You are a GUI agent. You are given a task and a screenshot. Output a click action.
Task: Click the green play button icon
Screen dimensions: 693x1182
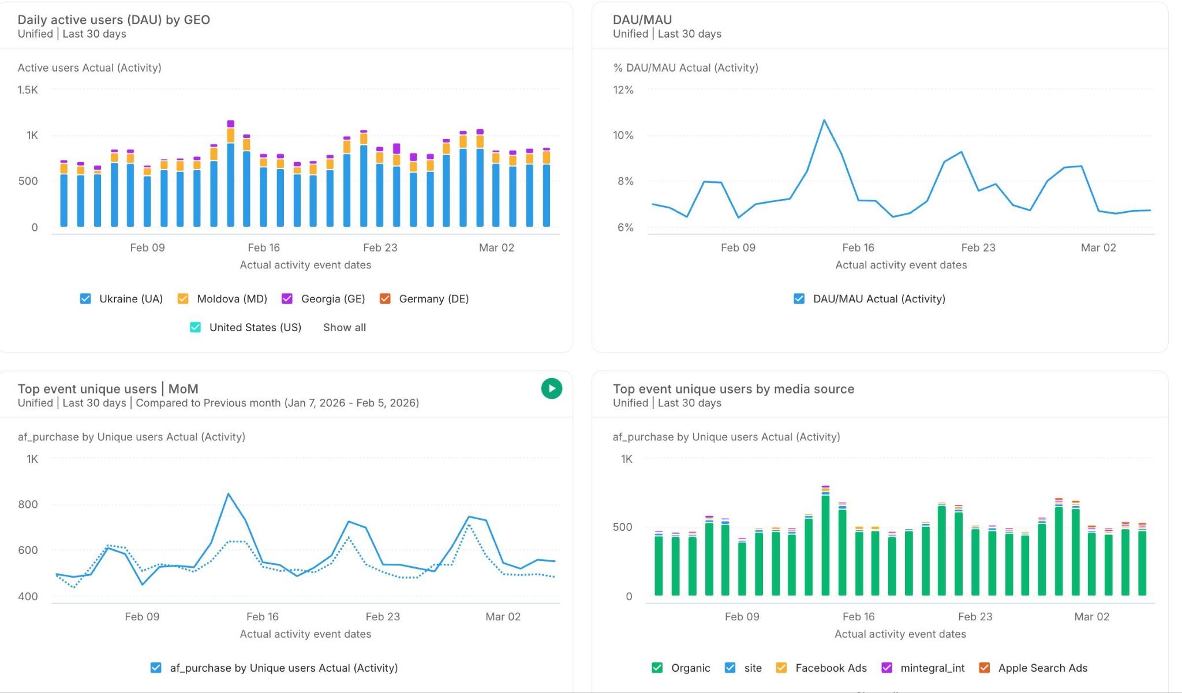tap(551, 388)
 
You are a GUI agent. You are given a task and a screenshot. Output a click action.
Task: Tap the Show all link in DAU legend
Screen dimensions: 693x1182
tap(344, 327)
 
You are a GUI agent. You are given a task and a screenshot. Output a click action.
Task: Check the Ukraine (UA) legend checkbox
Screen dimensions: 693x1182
tap(85, 298)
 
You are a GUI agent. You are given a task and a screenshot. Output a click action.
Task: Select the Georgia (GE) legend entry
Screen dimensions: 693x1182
tap(332, 298)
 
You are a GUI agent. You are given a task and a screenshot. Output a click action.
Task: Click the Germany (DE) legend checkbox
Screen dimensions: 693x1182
tap(385, 298)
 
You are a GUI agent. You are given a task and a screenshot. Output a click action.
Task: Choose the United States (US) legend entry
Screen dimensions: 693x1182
tap(255, 327)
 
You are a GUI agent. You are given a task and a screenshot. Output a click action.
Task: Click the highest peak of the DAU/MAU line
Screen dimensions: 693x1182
tap(824, 120)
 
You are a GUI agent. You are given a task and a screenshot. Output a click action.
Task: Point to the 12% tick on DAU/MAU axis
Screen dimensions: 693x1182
tap(623, 90)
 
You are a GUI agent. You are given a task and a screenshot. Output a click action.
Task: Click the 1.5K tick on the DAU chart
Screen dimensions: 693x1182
tap(27, 90)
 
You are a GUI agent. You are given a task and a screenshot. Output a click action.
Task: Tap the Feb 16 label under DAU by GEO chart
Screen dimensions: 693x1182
tap(264, 248)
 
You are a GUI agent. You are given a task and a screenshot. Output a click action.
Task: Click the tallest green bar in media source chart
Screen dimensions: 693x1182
tap(825, 542)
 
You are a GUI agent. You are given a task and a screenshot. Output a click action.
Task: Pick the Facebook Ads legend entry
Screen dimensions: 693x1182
tap(831, 668)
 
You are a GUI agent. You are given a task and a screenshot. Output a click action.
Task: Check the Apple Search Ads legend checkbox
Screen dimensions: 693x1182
tap(985, 668)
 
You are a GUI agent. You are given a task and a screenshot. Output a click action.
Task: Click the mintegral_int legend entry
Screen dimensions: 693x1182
tap(932, 668)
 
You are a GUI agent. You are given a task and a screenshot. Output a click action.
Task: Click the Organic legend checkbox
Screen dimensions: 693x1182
tap(657, 668)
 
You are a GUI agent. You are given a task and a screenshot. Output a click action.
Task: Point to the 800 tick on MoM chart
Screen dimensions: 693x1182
tap(28, 504)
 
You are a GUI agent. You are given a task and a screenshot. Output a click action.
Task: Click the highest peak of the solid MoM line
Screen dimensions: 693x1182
tap(229, 494)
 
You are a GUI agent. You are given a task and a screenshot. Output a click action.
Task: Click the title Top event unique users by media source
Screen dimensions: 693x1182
tap(733, 389)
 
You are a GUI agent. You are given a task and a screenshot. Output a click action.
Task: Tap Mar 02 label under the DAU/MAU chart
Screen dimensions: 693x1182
tap(1098, 248)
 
